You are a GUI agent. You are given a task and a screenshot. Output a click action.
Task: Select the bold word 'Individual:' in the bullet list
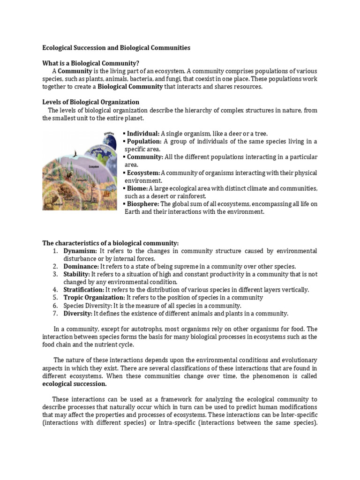tap(143, 134)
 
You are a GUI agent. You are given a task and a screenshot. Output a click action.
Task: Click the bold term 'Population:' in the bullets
tap(144, 141)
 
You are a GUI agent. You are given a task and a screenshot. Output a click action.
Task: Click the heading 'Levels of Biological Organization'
tap(90, 102)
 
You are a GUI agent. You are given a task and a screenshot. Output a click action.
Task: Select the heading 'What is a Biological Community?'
tap(90, 63)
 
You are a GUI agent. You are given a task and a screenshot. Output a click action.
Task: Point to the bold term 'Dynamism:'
tap(81, 251)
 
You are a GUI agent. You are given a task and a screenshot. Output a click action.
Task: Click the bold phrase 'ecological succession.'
tap(75, 383)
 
